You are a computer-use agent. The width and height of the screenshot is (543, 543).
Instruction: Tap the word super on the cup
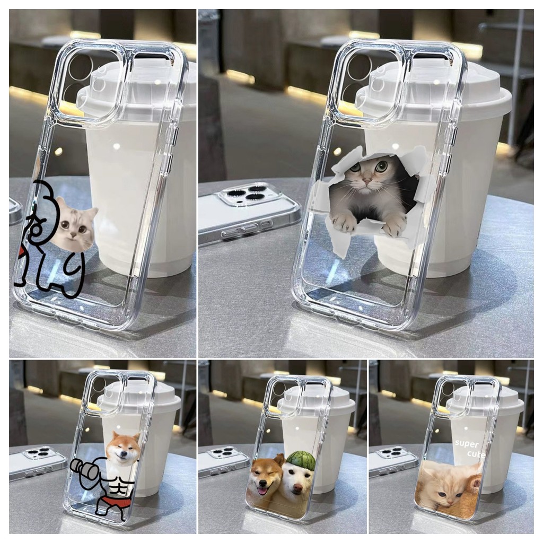467,444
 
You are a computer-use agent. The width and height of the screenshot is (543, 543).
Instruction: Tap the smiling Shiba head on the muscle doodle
122,446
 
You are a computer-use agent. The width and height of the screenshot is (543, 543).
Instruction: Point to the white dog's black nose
296,488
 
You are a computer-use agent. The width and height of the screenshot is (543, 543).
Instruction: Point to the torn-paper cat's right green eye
380,166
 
